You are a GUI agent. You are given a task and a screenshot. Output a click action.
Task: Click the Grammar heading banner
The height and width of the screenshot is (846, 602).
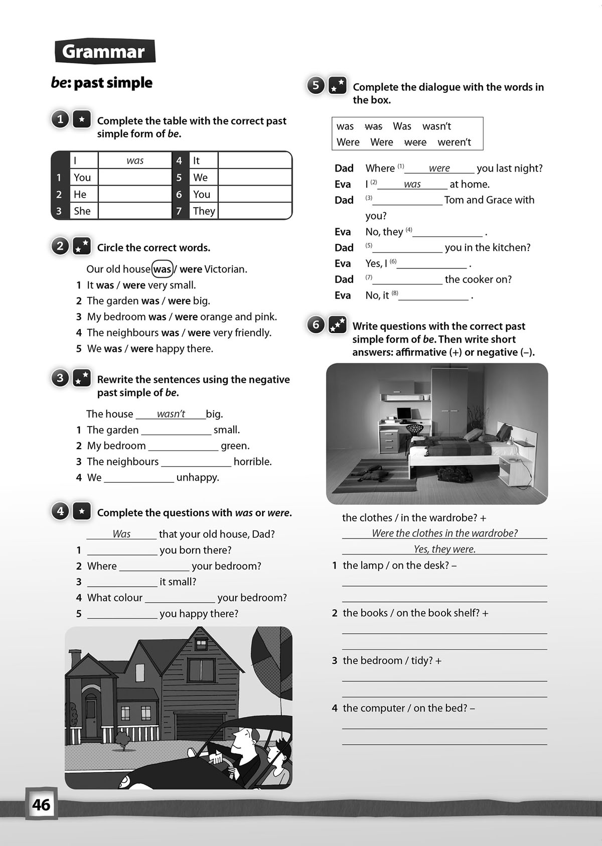(104, 52)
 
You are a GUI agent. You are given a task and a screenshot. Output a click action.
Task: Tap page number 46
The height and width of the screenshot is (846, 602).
(41, 804)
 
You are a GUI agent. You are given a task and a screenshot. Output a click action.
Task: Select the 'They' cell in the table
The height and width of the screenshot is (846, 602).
(204, 211)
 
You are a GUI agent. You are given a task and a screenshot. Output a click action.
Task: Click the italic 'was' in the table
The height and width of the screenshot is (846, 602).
(135, 161)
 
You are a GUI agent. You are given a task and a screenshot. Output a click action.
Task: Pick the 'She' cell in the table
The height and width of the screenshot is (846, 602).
(82, 211)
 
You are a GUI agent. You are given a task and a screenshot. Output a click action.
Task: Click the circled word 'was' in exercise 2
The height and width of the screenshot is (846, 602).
(162, 269)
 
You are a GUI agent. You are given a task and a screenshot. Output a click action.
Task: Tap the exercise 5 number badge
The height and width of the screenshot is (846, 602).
(316, 85)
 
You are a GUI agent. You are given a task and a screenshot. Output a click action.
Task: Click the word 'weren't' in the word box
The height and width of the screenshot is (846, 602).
(454, 142)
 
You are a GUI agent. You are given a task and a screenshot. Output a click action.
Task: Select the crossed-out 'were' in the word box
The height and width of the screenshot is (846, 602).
(415, 142)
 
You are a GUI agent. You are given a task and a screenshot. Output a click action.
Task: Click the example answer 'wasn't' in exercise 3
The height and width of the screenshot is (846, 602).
(171, 414)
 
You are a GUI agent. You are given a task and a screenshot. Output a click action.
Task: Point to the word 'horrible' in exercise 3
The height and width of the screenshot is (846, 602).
(252, 462)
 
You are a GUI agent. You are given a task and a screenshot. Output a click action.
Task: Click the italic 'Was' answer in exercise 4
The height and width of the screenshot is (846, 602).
(121, 534)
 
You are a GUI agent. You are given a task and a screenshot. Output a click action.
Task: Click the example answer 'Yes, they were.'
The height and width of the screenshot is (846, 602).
(444, 549)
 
